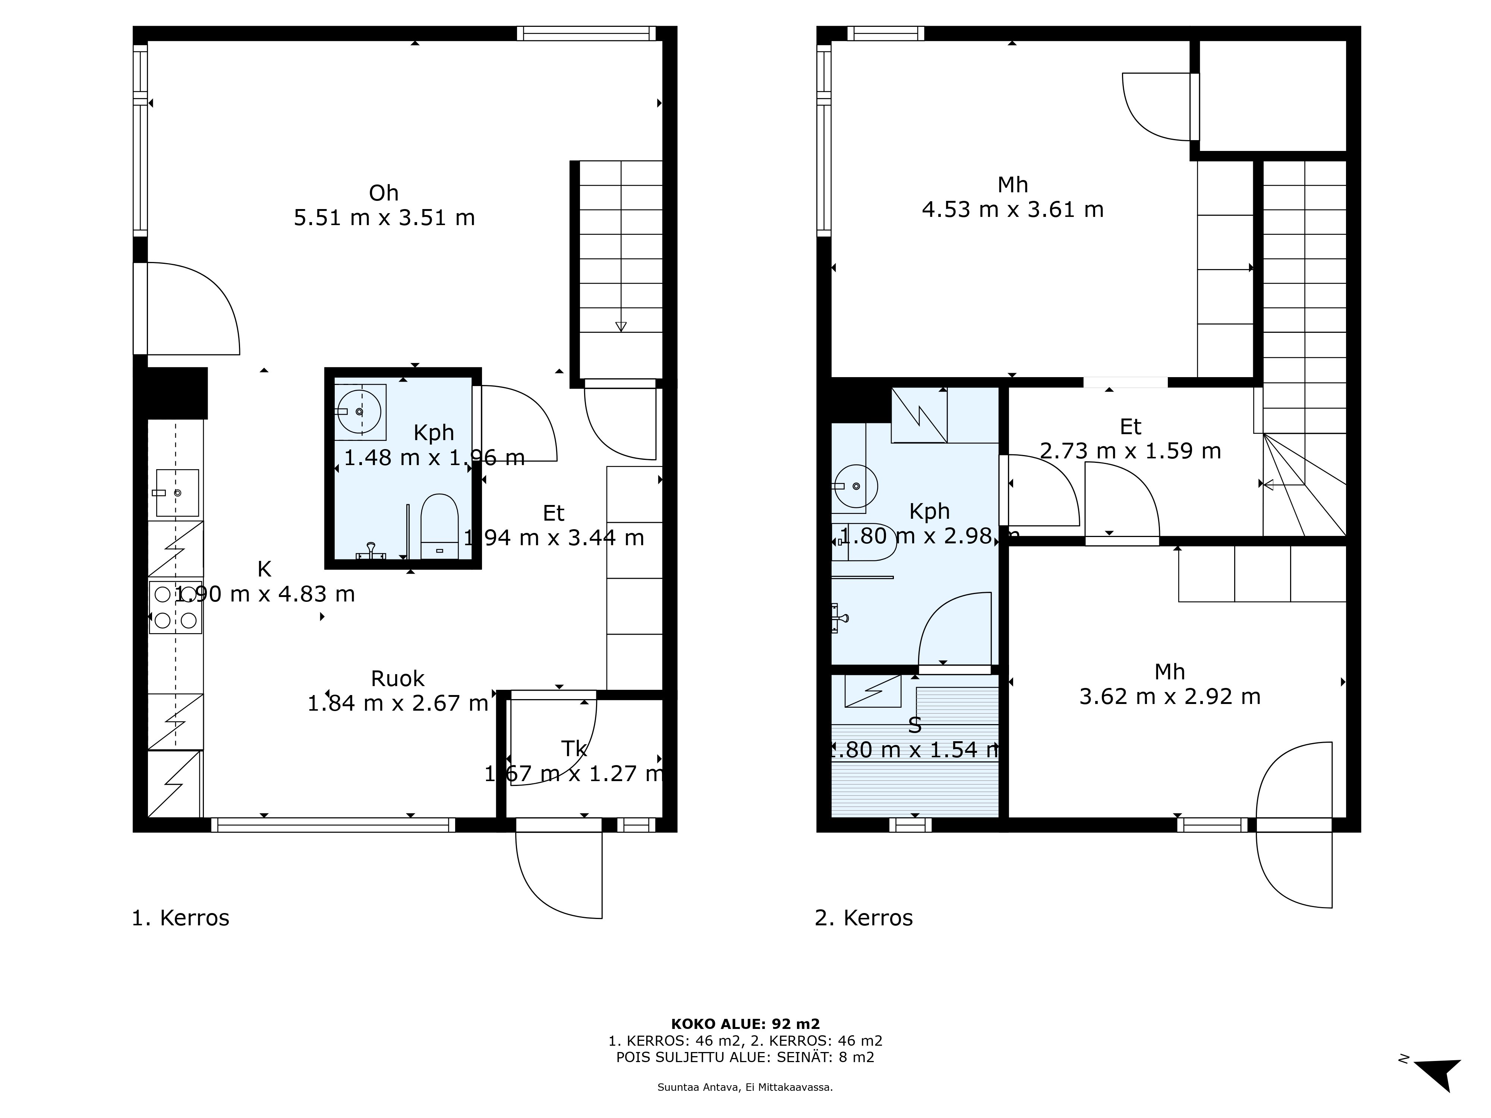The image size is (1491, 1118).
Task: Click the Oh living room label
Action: point(384,193)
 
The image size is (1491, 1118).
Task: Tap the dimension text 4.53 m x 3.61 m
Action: point(1012,209)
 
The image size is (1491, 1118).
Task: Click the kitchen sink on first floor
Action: point(177,493)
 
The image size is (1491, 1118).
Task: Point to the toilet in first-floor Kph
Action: point(439,526)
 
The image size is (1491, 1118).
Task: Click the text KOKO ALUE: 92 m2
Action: point(745,1024)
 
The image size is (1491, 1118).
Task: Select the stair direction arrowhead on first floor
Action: point(621,327)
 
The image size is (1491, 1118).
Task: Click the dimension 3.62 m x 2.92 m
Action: point(1169,696)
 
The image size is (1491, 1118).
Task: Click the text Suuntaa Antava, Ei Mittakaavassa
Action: point(745,1087)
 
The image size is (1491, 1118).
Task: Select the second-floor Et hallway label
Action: point(1131,427)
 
